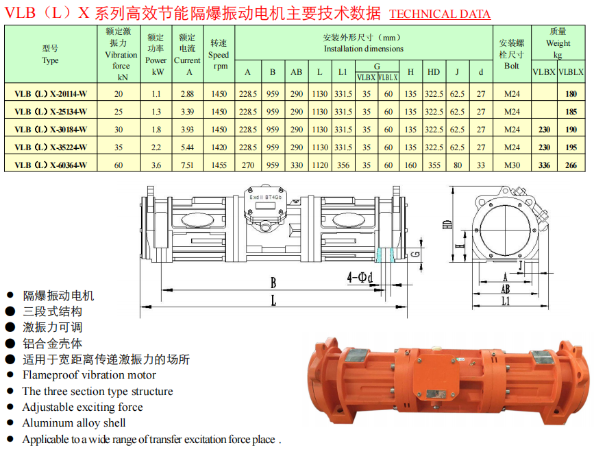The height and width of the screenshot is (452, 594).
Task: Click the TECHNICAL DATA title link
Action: coord(440,14)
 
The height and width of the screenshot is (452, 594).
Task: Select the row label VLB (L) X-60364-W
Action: coord(51,165)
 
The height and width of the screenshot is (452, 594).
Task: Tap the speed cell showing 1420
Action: coord(219,147)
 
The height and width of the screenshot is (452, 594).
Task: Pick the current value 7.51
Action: coord(187,165)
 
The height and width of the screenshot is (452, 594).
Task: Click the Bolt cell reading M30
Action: coord(512,165)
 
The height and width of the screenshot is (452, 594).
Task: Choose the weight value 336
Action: coord(544,165)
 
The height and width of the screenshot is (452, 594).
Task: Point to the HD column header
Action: coord(434,72)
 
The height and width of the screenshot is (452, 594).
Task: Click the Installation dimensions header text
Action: coord(363,49)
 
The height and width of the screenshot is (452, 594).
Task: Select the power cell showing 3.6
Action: coord(156,165)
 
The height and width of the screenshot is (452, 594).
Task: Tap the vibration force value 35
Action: coord(119,147)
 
